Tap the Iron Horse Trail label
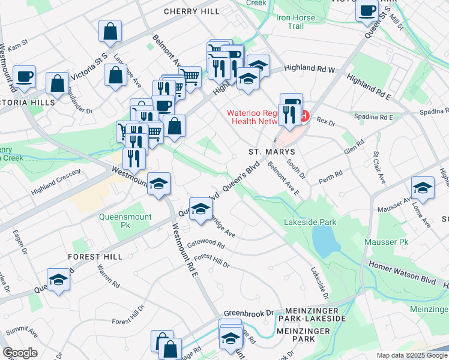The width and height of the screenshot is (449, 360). tap(295, 22)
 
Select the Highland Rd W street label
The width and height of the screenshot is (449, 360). tap(309, 70)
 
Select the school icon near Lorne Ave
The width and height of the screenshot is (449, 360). tap(423, 188)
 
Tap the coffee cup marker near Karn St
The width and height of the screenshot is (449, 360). tap(24, 77)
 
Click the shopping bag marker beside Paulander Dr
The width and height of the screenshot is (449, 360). tap(57, 84)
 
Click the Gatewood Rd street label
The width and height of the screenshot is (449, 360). tap(205, 245)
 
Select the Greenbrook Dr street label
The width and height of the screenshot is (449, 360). tap(249, 313)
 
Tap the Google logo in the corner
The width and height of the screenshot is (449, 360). tap(20, 353)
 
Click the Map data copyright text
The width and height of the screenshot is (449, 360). tap(412, 355)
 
